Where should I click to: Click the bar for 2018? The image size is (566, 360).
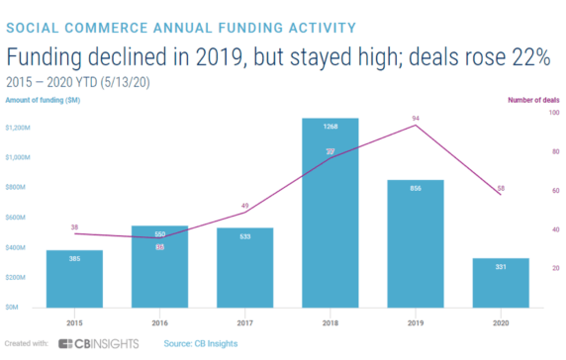pos(329,213)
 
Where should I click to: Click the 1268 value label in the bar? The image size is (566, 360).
pos(329,127)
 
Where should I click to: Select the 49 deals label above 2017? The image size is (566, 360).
pos(244,205)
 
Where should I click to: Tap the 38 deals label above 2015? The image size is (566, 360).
pos(74,226)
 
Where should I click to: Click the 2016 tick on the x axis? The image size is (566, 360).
pos(159,321)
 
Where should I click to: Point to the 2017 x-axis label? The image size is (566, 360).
pos(244,321)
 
